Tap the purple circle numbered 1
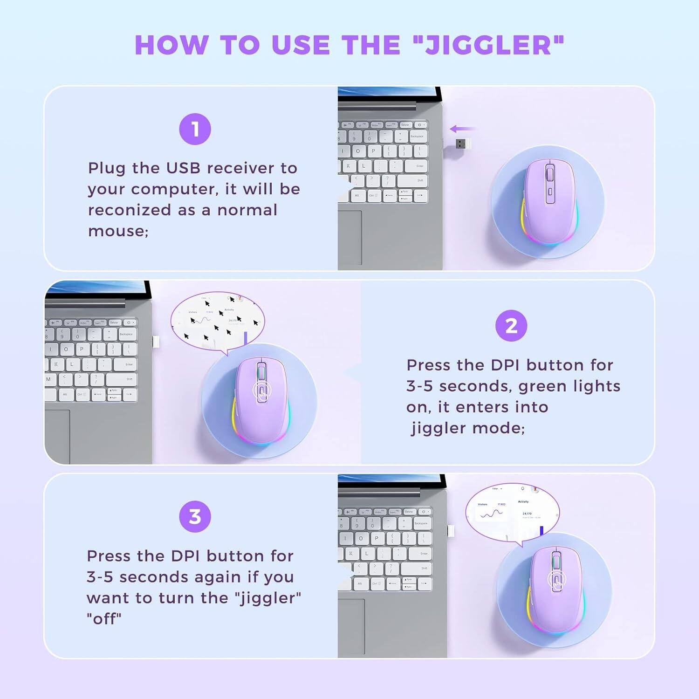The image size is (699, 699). click(195, 129)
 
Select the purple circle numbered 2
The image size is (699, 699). click(511, 326)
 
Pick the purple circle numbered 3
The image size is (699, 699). click(195, 516)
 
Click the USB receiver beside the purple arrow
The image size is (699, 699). click(463, 144)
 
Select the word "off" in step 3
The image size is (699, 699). click(104, 619)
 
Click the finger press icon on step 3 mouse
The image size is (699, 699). click(556, 581)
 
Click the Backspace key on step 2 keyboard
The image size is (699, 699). click(126, 334)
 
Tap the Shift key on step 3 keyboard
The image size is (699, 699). click(424, 568)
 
